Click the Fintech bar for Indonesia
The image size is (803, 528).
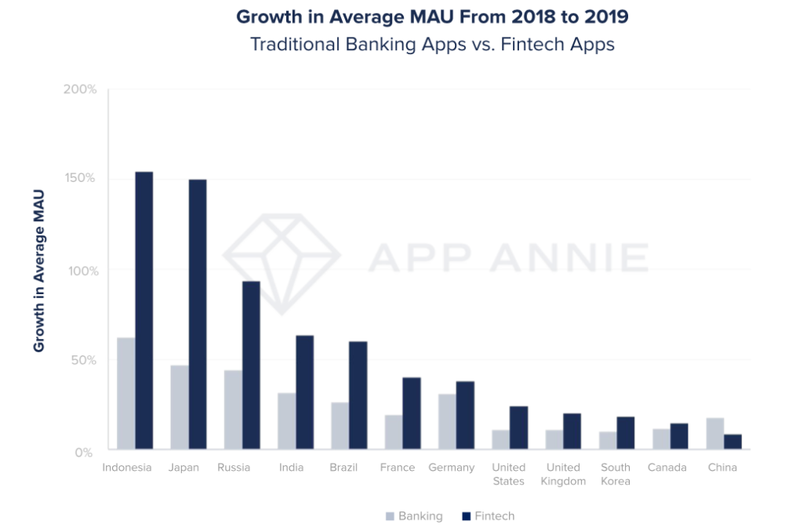click(144, 311)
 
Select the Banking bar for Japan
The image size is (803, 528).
click(180, 408)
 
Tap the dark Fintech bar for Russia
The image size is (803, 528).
click(251, 366)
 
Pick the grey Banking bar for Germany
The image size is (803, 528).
click(447, 422)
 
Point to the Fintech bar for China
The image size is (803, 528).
click(732, 442)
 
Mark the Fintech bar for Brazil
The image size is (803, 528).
click(358, 396)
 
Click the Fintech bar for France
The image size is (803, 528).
click(412, 414)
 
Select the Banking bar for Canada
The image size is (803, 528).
click(661, 439)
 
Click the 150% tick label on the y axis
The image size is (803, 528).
click(79, 178)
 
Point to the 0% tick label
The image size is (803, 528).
click(85, 452)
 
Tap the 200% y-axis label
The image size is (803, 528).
click(79, 89)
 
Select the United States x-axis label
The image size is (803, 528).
click(509, 474)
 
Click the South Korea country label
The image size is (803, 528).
click(616, 474)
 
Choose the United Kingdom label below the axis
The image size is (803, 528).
click(563, 474)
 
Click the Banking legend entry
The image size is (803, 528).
click(414, 516)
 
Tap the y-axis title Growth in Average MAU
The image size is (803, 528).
click(38, 271)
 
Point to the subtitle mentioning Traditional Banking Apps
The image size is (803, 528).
click(432, 44)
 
